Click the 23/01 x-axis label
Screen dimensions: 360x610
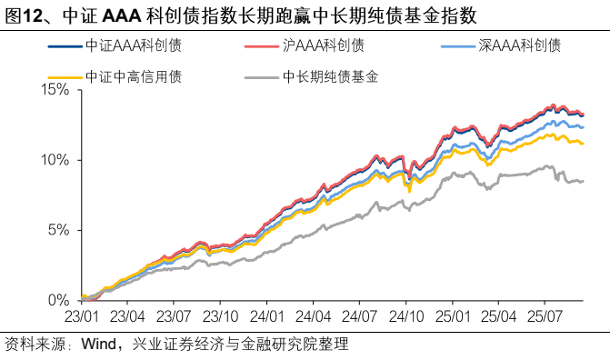point(83,317)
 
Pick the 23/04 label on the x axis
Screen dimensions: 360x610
point(128,317)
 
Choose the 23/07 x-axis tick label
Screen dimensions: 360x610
point(175,317)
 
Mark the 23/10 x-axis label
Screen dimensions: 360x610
point(221,317)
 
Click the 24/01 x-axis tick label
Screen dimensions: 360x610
point(267,317)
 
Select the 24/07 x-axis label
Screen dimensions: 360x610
point(359,317)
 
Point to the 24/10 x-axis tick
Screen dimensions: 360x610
point(405,317)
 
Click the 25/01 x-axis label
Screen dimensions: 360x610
point(452,317)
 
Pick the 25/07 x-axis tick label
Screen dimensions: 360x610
point(544,317)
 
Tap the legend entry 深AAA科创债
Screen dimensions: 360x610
point(519,45)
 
